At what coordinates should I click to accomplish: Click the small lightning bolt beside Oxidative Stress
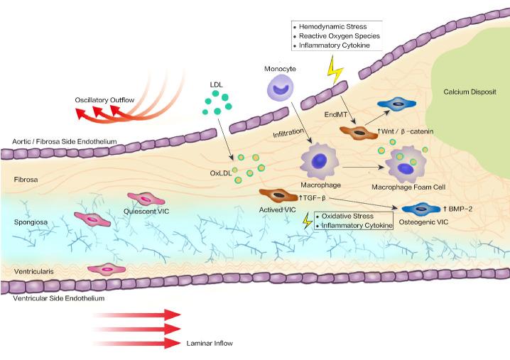pos(308,221)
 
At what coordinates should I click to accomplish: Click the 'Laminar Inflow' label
pos(209,343)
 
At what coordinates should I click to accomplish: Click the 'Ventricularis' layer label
pos(34,271)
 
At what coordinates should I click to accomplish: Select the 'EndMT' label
pos(334,114)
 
